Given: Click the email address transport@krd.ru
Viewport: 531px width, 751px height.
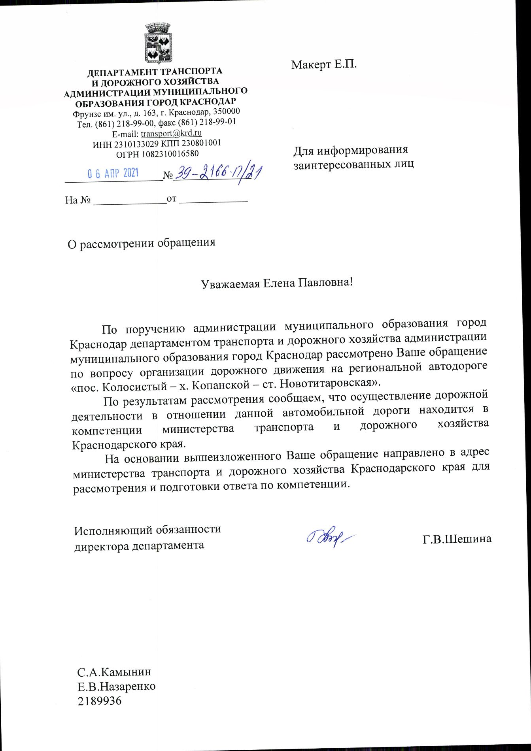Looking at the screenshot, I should (x=171, y=133).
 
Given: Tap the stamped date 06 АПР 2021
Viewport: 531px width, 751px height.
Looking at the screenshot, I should (x=113, y=174).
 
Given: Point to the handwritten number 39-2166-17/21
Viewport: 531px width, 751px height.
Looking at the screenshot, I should (x=219, y=173).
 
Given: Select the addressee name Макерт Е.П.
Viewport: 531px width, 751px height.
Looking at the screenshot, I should (x=324, y=64).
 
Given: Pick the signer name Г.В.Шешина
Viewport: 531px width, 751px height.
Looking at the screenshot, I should (x=457, y=539).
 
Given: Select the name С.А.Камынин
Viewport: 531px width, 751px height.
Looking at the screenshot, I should (x=114, y=672).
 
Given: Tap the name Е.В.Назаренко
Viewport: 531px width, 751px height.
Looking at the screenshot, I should (x=117, y=686).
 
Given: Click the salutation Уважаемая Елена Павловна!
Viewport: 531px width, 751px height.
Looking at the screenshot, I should (x=276, y=283).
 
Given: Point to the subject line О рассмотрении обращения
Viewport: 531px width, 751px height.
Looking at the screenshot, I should (x=142, y=243).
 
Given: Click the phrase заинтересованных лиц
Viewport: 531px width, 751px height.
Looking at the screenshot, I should (x=353, y=164).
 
